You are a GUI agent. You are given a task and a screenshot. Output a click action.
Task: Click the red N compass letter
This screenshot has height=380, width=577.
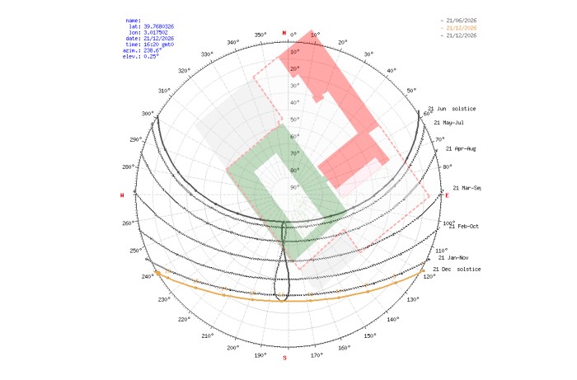coord(284,33)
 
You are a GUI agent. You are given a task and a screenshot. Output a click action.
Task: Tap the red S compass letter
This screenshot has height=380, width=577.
coord(285,358)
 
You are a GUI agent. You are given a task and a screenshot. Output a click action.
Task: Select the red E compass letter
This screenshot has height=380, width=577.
coord(448,195)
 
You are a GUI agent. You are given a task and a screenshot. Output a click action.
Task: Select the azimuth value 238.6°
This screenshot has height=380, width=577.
coord(148,49)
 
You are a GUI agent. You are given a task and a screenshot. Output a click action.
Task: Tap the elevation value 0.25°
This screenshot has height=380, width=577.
coord(147,55)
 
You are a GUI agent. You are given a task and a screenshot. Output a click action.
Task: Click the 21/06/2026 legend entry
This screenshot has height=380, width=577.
coord(461,21)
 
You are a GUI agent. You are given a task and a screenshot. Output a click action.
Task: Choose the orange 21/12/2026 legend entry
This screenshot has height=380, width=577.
coord(461,28)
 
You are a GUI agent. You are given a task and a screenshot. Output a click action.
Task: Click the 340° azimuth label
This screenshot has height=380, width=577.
coord(233,42)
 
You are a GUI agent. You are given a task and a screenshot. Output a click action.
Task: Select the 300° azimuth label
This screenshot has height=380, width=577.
coord(148,114)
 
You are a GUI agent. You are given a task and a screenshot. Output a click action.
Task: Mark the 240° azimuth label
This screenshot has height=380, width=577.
coord(148,276)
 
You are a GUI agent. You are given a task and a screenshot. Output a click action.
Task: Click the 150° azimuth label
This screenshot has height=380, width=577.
coord(371,335)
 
